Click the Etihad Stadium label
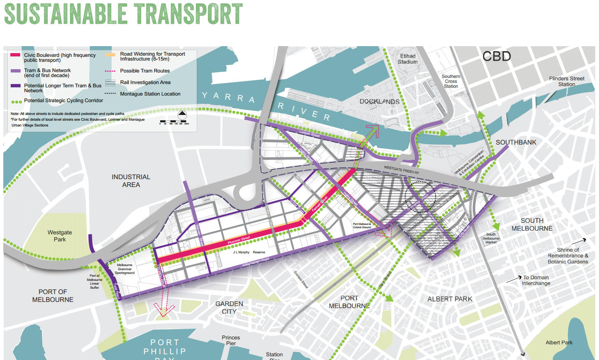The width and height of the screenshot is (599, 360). [408, 59]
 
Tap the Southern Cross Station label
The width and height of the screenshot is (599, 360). [451, 81]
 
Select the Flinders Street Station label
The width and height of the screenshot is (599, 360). [566, 81]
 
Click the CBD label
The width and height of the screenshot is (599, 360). [496, 56]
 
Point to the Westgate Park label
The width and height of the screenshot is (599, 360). [60, 236]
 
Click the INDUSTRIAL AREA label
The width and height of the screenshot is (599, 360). [131, 181]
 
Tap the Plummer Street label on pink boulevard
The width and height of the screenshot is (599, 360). [239, 240]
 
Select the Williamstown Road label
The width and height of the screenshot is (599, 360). [256, 262]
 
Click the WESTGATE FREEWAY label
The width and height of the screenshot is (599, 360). [401, 170]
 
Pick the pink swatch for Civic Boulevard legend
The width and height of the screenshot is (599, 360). [15, 55]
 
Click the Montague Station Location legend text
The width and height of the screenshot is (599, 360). [150, 94]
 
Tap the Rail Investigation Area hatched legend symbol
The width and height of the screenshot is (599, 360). [110, 83]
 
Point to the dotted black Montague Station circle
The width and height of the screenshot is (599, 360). [420, 197]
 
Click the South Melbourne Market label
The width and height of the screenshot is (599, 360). [491, 238]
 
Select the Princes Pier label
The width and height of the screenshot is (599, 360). [231, 340]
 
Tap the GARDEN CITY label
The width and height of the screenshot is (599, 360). [229, 308]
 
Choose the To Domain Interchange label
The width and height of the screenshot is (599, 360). [536, 281]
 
